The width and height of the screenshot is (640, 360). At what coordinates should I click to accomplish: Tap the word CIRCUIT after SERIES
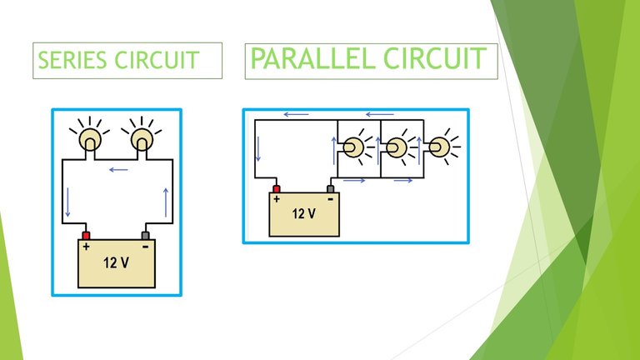click(x=157, y=60)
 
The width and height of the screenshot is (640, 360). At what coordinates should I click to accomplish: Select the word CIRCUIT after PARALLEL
click(x=435, y=58)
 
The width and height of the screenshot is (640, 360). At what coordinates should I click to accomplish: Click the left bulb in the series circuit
click(x=90, y=140)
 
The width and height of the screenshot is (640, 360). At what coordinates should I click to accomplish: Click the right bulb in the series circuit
click(x=142, y=140)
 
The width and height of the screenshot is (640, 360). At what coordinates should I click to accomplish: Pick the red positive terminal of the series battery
click(x=86, y=236)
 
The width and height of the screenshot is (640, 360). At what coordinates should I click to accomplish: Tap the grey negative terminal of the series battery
click(x=145, y=236)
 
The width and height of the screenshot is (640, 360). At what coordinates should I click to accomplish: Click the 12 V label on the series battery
click(x=117, y=262)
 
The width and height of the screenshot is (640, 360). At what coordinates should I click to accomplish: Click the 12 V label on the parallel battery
click(x=303, y=213)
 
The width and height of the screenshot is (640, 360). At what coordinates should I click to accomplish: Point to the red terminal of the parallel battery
click(x=277, y=189)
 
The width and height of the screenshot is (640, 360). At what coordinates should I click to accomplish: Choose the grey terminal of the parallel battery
click(x=331, y=189)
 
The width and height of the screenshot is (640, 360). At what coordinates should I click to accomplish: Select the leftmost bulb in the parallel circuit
click(x=352, y=147)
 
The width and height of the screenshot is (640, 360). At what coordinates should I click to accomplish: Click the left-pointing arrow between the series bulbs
click(x=118, y=170)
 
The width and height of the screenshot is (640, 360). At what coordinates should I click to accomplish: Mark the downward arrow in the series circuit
click(x=67, y=202)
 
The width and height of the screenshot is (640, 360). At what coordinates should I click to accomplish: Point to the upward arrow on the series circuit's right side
click(x=166, y=202)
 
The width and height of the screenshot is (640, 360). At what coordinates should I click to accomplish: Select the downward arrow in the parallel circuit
click(x=258, y=149)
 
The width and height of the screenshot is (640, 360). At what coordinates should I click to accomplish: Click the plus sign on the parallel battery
click(x=277, y=199)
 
